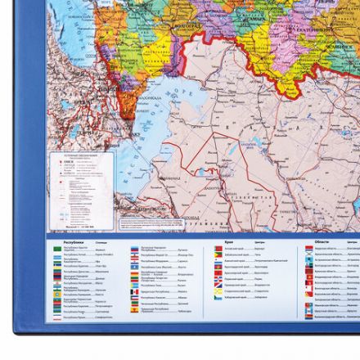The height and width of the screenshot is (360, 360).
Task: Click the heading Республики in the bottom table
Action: pos(73,243)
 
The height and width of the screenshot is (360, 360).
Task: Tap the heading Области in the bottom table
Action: pos(322,242)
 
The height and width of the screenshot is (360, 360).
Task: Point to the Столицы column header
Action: pos(101,243)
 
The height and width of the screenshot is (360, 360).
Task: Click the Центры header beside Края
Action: pos(258,243)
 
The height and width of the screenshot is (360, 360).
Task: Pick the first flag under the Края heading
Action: pos(217,250)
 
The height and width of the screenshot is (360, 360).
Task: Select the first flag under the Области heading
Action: pos(309,249)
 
